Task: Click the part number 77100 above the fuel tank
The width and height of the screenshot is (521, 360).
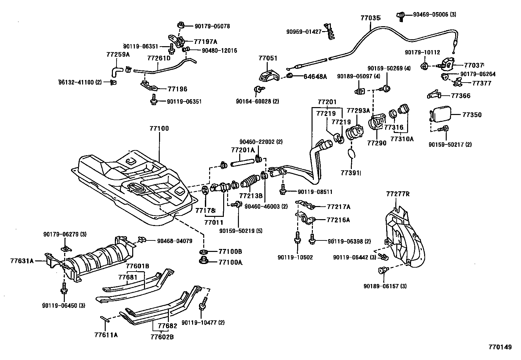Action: [159, 128]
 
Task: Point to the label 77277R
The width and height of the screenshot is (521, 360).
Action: [397, 194]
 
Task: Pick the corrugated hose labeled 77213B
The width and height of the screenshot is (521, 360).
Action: [250, 183]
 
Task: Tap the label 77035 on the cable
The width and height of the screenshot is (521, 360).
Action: [370, 18]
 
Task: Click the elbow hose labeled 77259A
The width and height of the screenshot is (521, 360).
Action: [116, 70]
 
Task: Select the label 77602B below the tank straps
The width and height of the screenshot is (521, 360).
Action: [162, 336]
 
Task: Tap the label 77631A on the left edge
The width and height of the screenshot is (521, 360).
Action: [22, 261]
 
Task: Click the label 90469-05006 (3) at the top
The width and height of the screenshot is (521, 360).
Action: [434, 14]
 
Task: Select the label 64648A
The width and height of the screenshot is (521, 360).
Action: [315, 77]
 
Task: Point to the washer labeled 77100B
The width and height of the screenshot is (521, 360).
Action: [203, 252]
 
